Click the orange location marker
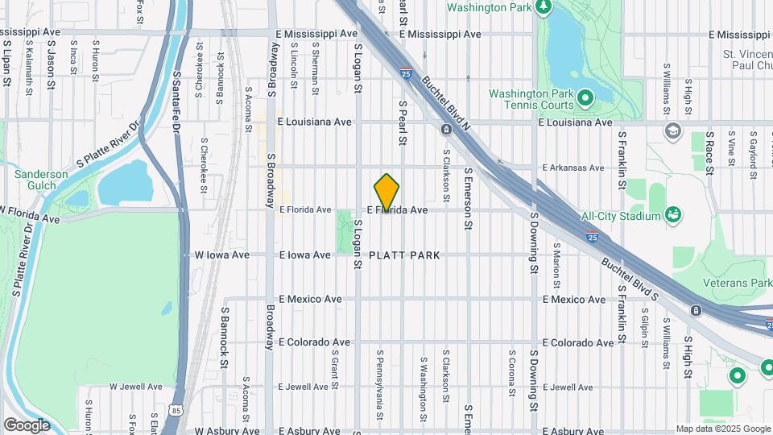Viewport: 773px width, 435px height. (387, 192)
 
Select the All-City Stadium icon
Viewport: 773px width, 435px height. (672, 215)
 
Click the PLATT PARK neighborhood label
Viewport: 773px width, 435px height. (404, 255)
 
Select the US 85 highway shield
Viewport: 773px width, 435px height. (176, 411)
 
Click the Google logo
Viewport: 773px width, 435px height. (27, 425)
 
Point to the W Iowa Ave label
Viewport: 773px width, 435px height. (217, 255)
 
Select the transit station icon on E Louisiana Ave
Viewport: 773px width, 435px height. (445, 129)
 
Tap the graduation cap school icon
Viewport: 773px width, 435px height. (672, 130)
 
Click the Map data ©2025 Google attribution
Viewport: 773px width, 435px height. (721, 429)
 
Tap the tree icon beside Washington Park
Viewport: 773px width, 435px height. (544, 7)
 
